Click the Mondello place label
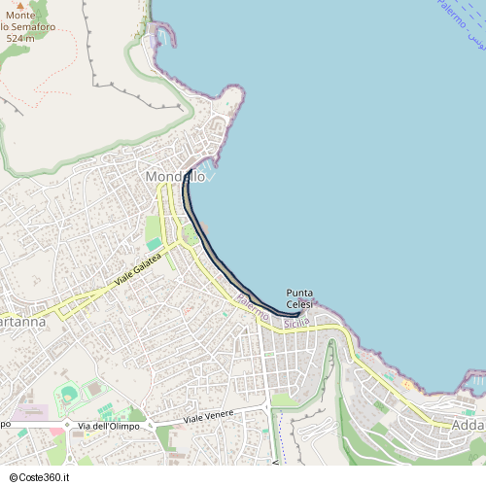175,177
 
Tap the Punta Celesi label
299,298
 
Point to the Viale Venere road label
210,418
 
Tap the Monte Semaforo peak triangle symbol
20,6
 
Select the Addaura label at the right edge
469,425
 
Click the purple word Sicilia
296,322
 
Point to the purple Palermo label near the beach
252,310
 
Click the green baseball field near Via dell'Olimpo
68,395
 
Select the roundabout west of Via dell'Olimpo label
66,426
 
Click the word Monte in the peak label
20,17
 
